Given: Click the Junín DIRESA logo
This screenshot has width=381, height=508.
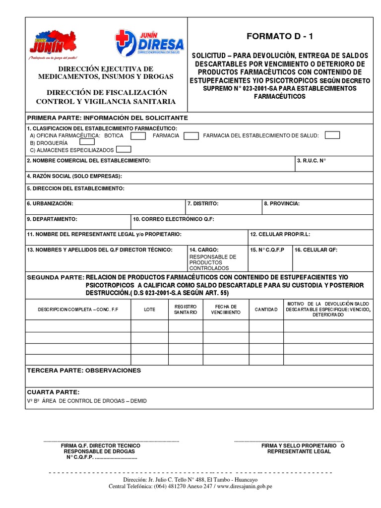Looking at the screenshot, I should [x=149, y=42].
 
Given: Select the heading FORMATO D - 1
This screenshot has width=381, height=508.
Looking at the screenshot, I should [x=280, y=36].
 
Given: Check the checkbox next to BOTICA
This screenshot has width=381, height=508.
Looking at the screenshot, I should [x=138, y=135].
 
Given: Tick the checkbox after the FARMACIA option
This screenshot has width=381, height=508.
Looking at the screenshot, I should [x=191, y=135].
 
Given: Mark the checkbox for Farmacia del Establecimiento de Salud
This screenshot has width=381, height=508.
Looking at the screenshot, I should [x=332, y=135].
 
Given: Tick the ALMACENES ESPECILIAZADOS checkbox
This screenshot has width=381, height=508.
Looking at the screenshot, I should [x=124, y=149].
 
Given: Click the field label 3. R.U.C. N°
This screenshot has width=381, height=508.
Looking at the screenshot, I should [x=312, y=161].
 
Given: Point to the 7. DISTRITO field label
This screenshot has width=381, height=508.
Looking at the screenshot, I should [x=202, y=203].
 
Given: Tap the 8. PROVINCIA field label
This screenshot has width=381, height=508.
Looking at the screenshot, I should [x=282, y=203].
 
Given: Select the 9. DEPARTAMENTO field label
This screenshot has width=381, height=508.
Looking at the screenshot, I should [x=52, y=219].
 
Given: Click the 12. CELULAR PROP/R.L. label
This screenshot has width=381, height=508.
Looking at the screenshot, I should [x=280, y=234].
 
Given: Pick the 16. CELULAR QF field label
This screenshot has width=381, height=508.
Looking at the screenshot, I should [x=316, y=250].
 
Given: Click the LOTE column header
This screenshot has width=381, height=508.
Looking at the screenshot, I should [x=149, y=309].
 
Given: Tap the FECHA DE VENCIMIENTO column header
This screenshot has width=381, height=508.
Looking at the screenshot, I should [x=226, y=309].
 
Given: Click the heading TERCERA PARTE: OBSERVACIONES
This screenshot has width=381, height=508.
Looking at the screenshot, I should [x=84, y=371].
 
